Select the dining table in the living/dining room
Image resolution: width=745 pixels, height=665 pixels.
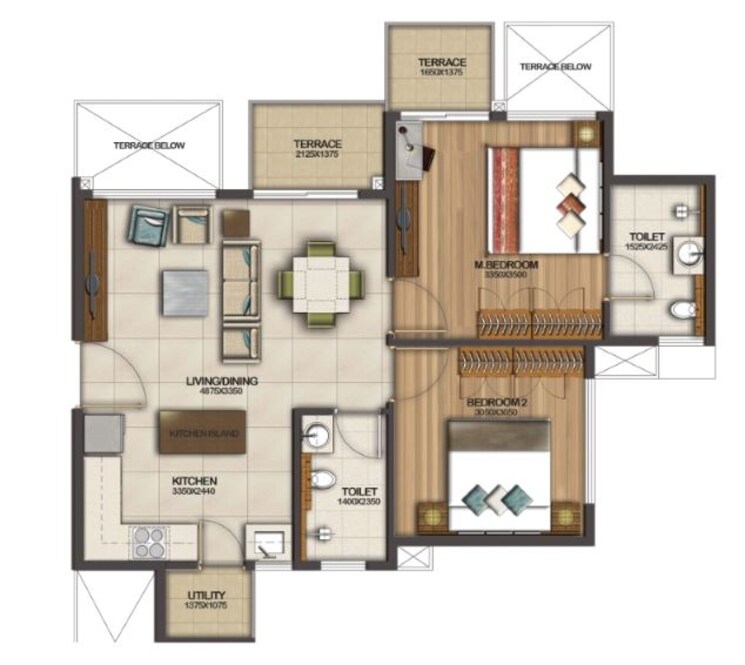319,284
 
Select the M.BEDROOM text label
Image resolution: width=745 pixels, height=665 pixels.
505,265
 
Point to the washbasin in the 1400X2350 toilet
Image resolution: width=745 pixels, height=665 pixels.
316,436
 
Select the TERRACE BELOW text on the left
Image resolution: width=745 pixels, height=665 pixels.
148,146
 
